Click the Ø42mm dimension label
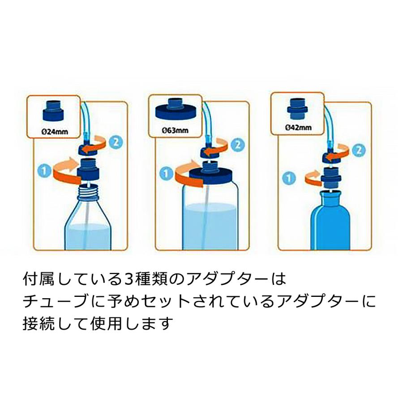[x=298, y=128]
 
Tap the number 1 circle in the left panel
[x=43, y=170]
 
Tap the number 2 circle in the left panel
[x=115, y=142]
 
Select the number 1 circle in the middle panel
[x=166, y=171]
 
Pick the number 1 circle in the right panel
[x=290, y=178]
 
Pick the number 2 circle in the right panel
[x=360, y=150]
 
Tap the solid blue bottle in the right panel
[x=333, y=222]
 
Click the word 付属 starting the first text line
[x=39, y=280]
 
